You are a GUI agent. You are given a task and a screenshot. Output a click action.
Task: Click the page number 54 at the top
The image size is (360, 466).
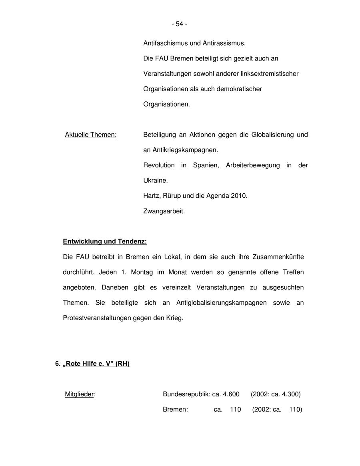click(x=180, y=24)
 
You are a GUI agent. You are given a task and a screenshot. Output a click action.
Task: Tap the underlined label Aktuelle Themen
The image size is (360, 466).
click(x=91, y=135)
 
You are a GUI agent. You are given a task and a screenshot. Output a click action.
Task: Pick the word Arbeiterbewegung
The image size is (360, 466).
click(x=253, y=165)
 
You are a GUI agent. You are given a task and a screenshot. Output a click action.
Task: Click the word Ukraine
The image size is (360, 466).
click(x=155, y=181)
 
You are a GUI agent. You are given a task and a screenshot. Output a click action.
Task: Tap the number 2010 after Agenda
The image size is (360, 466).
click(x=239, y=196)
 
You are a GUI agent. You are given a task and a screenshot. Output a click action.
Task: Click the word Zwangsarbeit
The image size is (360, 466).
click(x=164, y=211)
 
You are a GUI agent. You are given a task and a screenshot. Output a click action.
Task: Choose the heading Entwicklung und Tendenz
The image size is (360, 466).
click(x=105, y=241)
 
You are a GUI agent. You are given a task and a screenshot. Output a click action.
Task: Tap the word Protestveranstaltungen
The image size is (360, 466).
click(x=97, y=318)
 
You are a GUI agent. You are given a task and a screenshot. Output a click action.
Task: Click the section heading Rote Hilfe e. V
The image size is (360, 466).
click(x=96, y=364)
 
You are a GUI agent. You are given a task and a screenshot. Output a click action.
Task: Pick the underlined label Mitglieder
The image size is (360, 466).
click(x=80, y=394)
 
